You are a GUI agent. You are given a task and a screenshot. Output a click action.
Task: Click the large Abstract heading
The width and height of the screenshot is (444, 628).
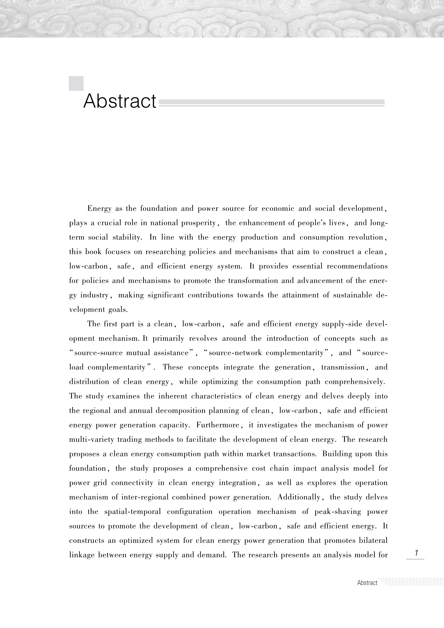[x=120, y=101]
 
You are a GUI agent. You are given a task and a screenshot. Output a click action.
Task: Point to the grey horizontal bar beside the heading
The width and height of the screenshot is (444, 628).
[x=271, y=102]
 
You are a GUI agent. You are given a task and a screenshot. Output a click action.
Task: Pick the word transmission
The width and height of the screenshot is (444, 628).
[x=343, y=367]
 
